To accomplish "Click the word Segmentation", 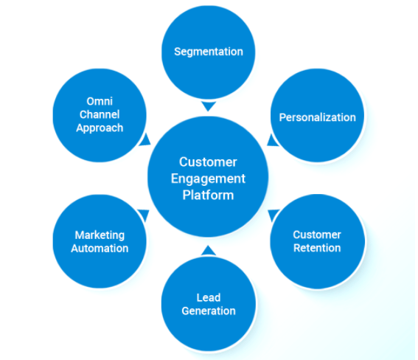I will pos(209,52).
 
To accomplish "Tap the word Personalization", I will pos(317,117).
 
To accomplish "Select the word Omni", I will pos(100,101).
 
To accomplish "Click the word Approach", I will pos(100,128).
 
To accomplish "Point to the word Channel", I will pos(100,114).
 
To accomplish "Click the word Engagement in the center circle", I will pos(209,179).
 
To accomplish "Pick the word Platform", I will pos(209,195).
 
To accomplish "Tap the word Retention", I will pos(317,248).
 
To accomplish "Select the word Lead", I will pos(209,298).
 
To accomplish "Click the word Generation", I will pos(209,311).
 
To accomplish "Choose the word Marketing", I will pos(100,235).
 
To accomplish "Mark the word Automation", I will pos(100,249).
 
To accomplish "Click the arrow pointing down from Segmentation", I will pos(209,106).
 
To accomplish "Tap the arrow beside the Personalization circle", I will pos(271,139).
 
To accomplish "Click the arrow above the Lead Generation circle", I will pos(209,250).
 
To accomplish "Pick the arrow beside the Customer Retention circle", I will pos(273,215).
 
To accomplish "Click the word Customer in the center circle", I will pos(209,162).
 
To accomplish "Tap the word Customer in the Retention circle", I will pos(317,235).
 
